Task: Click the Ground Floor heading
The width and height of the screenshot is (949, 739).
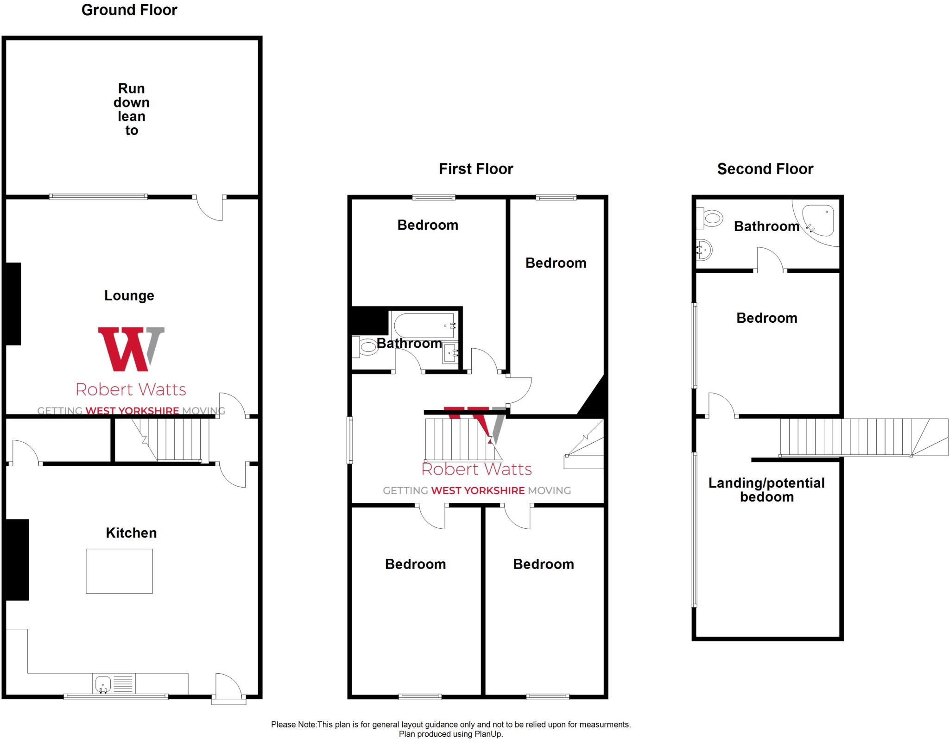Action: [129, 10]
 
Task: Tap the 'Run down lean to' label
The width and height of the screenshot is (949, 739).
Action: [132, 109]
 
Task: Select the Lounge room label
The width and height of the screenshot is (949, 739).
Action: [129, 295]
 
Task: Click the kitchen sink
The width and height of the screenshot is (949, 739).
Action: [102, 683]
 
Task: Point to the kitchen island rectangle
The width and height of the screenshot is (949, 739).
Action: [119, 571]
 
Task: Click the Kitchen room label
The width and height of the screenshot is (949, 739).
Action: [131, 532]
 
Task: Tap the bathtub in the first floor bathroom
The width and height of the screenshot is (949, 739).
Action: [424, 325]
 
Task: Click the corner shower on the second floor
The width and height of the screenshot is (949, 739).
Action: [818, 220]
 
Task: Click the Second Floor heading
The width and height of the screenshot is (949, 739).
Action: [765, 169]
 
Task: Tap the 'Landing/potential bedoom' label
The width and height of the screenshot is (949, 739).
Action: [766, 490]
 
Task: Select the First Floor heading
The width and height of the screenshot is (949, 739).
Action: [476, 169]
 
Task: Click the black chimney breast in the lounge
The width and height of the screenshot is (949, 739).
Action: [13, 304]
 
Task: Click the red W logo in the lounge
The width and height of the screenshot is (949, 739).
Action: [125, 349]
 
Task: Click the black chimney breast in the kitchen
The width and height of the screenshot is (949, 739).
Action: [17, 559]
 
